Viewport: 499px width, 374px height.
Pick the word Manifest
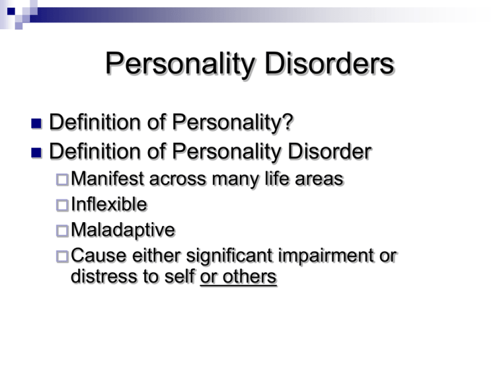coord(105,179)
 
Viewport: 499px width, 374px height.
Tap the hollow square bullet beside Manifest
coord(62,180)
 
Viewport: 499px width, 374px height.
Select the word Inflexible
coord(109,205)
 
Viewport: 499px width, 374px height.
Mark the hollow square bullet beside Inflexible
coord(62,205)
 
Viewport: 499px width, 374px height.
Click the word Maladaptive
coord(123,230)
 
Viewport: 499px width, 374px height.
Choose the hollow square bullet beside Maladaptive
coord(62,231)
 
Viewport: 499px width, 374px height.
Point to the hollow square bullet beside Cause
coord(62,256)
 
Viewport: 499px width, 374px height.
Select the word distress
coord(101,277)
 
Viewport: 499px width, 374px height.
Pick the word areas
coord(316,179)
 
